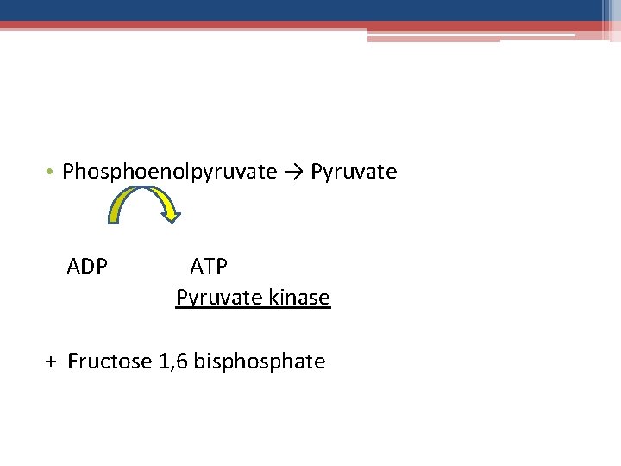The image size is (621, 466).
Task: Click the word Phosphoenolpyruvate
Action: (169, 172)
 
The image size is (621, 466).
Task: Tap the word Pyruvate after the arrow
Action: (354, 172)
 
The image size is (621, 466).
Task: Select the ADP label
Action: (87, 266)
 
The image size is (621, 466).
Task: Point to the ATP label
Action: (209, 266)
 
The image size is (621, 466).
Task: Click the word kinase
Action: (299, 298)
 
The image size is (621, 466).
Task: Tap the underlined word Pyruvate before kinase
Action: (219, 298)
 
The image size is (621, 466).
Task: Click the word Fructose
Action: (110, 361)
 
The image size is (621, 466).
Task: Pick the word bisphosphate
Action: (260, 361)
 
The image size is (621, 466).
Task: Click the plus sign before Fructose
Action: (51, 362)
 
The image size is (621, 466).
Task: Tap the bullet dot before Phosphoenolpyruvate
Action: (52, 172)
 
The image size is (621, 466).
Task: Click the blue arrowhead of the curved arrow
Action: (172, 212)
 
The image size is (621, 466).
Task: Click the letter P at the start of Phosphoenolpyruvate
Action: (68, 172)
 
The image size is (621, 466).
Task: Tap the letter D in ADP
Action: (87, 266)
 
